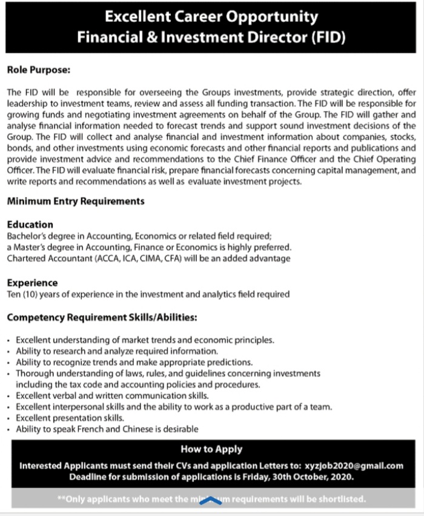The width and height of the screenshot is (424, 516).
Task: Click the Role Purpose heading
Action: (39, 70)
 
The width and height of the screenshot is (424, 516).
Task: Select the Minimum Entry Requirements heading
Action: (76, 201)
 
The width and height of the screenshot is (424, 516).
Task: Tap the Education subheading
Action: (30, 225)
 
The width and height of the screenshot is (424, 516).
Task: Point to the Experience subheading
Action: (33, 283)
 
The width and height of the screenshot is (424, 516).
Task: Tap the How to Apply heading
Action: (211, 449)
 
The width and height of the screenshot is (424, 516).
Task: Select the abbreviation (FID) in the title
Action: (328, 37)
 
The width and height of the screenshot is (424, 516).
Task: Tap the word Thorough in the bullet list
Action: (34, 374)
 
